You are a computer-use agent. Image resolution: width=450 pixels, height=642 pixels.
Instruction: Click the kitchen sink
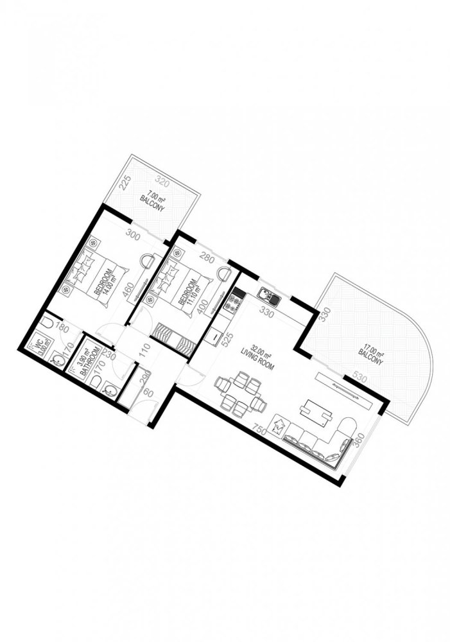(x=268, y=296)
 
